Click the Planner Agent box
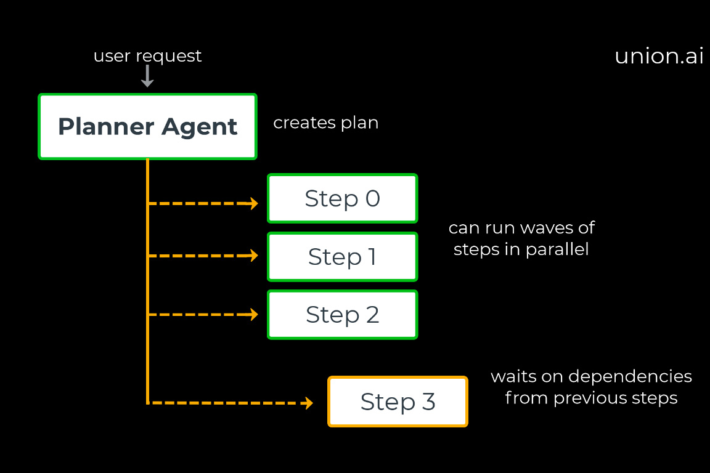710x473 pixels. click(147, 127)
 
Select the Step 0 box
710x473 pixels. click(342, 198)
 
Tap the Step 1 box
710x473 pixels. click(342, 256)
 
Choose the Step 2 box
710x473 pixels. click(342, 315)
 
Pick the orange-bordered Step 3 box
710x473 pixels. click(398, 402)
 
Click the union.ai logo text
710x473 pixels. click(659, 56)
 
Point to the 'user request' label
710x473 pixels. click(147, 56)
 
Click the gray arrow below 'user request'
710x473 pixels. click(147, 76)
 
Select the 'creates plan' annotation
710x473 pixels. click(325, 123)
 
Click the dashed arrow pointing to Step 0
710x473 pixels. click(203, 203)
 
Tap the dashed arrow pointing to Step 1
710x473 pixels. click(203, 256)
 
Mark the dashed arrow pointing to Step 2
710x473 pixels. click(203, 315)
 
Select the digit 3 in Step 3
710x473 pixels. click(428, 402)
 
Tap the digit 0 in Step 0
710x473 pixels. click(372, 198)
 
